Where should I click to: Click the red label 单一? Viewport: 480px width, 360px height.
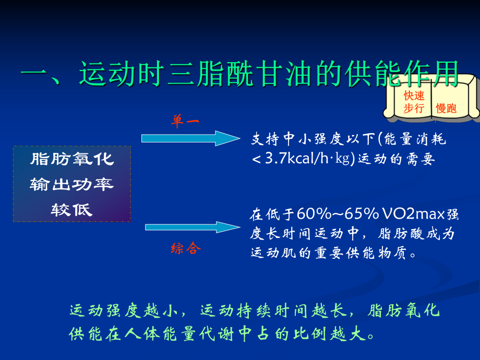pos(185,121)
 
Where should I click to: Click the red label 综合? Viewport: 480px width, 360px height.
pos(186,248)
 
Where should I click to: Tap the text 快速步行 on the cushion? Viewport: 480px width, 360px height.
pos(413,102)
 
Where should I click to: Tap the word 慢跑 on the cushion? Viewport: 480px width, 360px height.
pos(446,109)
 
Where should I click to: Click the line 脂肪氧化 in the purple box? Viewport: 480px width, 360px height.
pos(72,160)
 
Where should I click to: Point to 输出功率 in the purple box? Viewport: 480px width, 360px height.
pos(72,185)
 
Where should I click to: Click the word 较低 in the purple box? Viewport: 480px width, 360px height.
pos(72,209)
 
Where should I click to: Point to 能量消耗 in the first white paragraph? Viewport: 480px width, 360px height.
pos(415,139)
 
